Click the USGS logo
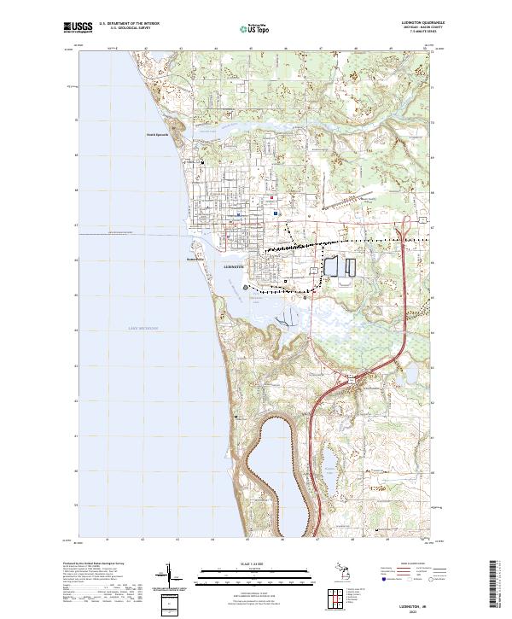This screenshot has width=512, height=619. pyautogui.click(x=76, y=27)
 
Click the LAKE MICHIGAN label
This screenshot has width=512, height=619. pyautogui.click(x=144, y=328)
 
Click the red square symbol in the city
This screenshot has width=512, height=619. pyautogui.click(x=272, y=200)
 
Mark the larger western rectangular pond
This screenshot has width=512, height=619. pyautogui.click(x=330, y=266)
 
